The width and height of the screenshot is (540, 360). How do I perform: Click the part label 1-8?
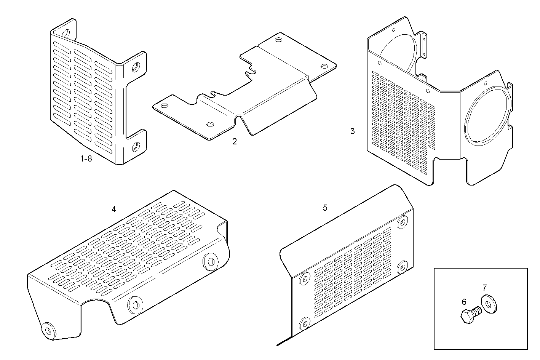[x=86, y=159]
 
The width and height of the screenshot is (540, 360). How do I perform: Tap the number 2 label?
[x=235, y=142]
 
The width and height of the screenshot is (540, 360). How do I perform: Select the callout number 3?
[x=353, y=131]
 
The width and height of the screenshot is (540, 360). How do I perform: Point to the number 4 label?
[x=113, y=209]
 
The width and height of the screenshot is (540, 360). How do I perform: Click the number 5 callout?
[x=325, y=208]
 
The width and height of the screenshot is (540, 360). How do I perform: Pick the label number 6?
[x=464, y=302]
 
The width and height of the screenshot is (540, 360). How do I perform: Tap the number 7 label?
[x=484, y=288]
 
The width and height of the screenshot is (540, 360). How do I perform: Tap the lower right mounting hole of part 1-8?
[x=136, y=146]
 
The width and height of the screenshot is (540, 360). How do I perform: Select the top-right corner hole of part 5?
[x=402, y=222]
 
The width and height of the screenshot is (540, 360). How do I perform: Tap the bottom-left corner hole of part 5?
[x=304, y=323]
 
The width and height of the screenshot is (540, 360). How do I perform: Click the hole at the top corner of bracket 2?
[x=278, y=39]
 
